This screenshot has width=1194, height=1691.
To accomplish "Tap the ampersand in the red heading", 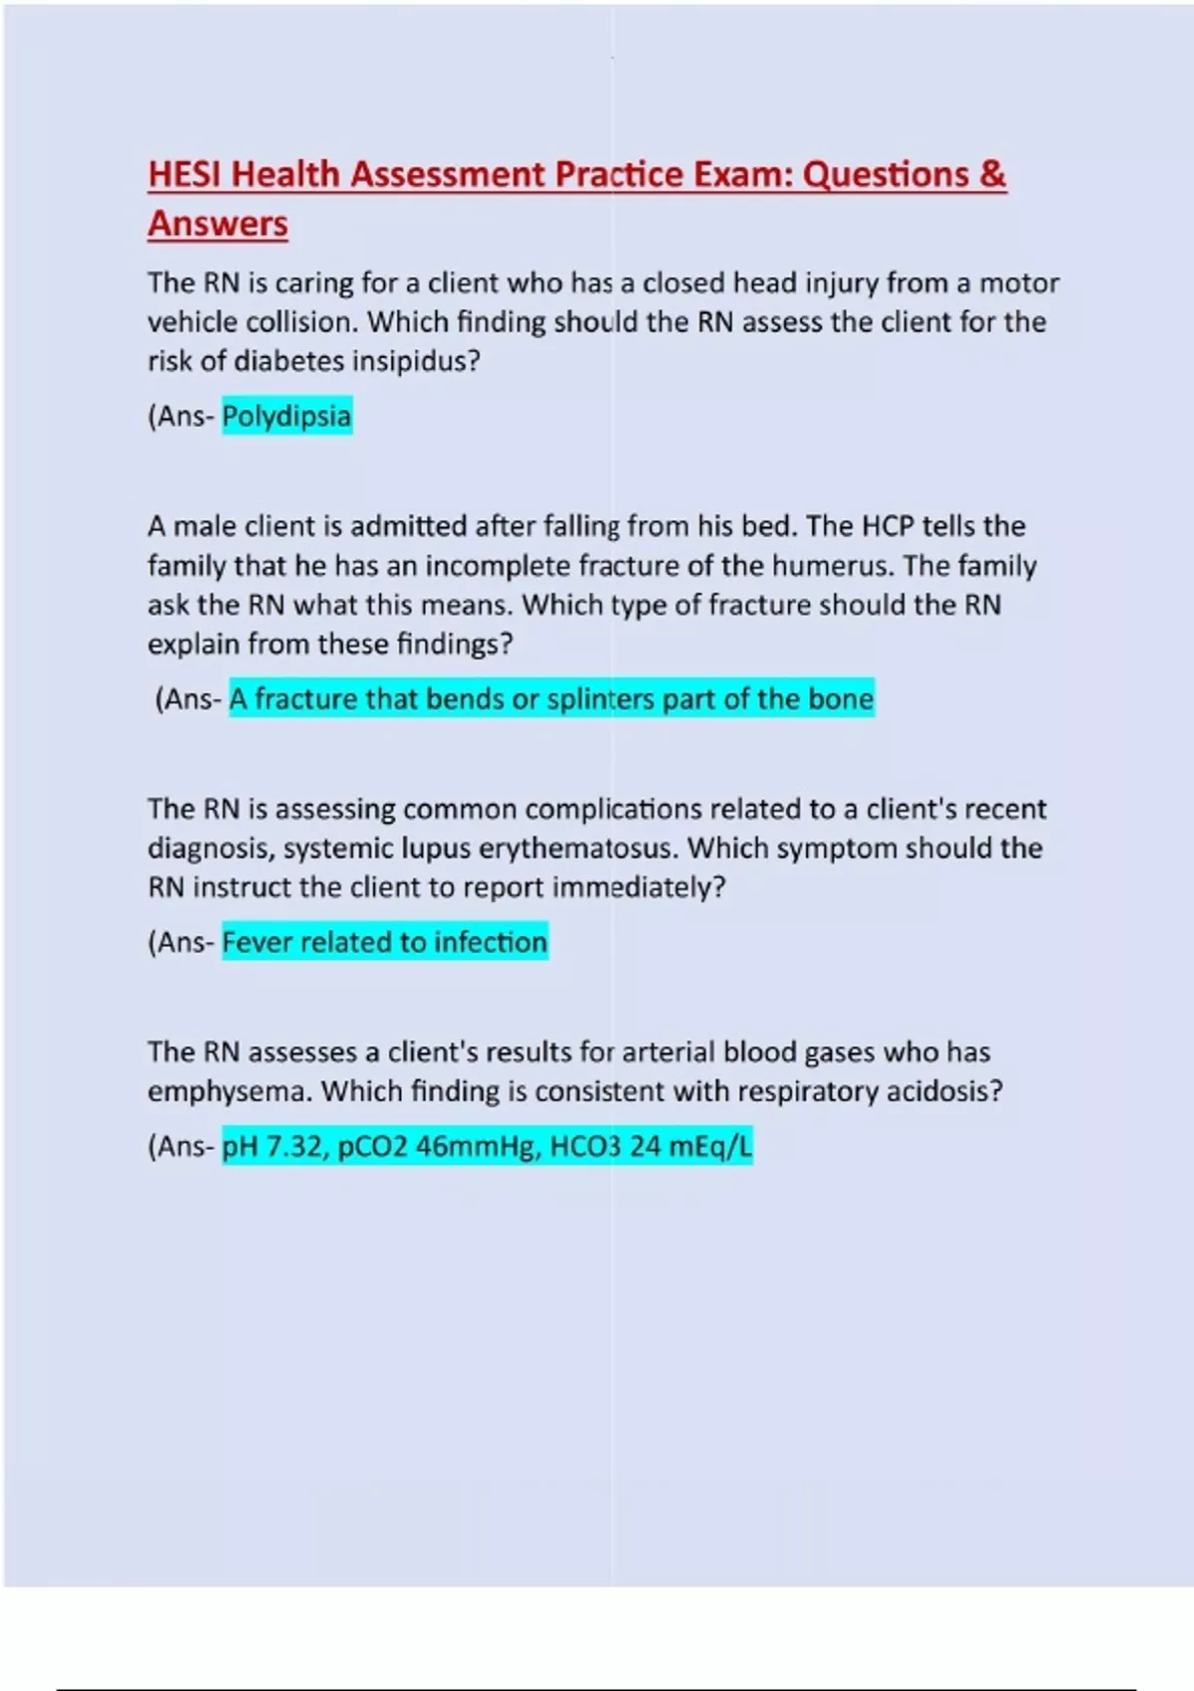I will point(992,174).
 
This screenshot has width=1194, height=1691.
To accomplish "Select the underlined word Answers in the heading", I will point(218,224).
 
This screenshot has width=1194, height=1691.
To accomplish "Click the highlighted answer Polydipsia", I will point(287,416).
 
